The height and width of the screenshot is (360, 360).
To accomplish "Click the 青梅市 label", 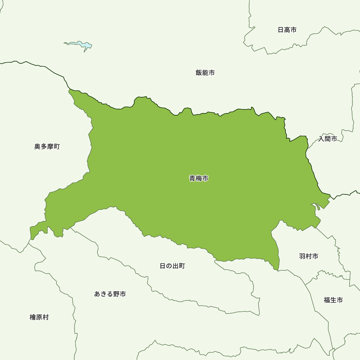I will pos(199,178).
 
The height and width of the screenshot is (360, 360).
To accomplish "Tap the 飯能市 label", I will pos(205,73).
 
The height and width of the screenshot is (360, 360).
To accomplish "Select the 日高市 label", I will pos(287,30).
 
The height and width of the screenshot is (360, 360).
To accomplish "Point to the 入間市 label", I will pos(328,139).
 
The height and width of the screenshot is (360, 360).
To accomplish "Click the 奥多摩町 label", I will pos(47,147).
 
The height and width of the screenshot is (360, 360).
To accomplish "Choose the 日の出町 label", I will pos(172,266).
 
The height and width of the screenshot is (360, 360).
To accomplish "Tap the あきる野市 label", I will pos(110,294).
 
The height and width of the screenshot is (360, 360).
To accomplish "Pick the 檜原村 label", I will pos(39,317).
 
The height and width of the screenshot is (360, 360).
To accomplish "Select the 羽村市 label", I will pos(309,256).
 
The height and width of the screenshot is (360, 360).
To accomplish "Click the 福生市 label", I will pos(333,300).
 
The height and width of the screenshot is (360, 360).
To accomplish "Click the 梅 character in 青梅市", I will pos(199,178).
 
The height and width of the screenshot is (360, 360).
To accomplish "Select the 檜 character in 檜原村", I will pos(33,317).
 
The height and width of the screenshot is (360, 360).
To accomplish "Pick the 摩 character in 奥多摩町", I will pos(50,147).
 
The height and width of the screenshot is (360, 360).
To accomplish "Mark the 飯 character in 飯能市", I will pos(199,73).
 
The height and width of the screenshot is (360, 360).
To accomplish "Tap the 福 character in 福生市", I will pos(327,300).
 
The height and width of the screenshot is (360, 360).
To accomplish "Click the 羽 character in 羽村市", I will pos(302,256).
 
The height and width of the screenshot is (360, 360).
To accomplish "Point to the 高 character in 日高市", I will pos(287,30).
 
